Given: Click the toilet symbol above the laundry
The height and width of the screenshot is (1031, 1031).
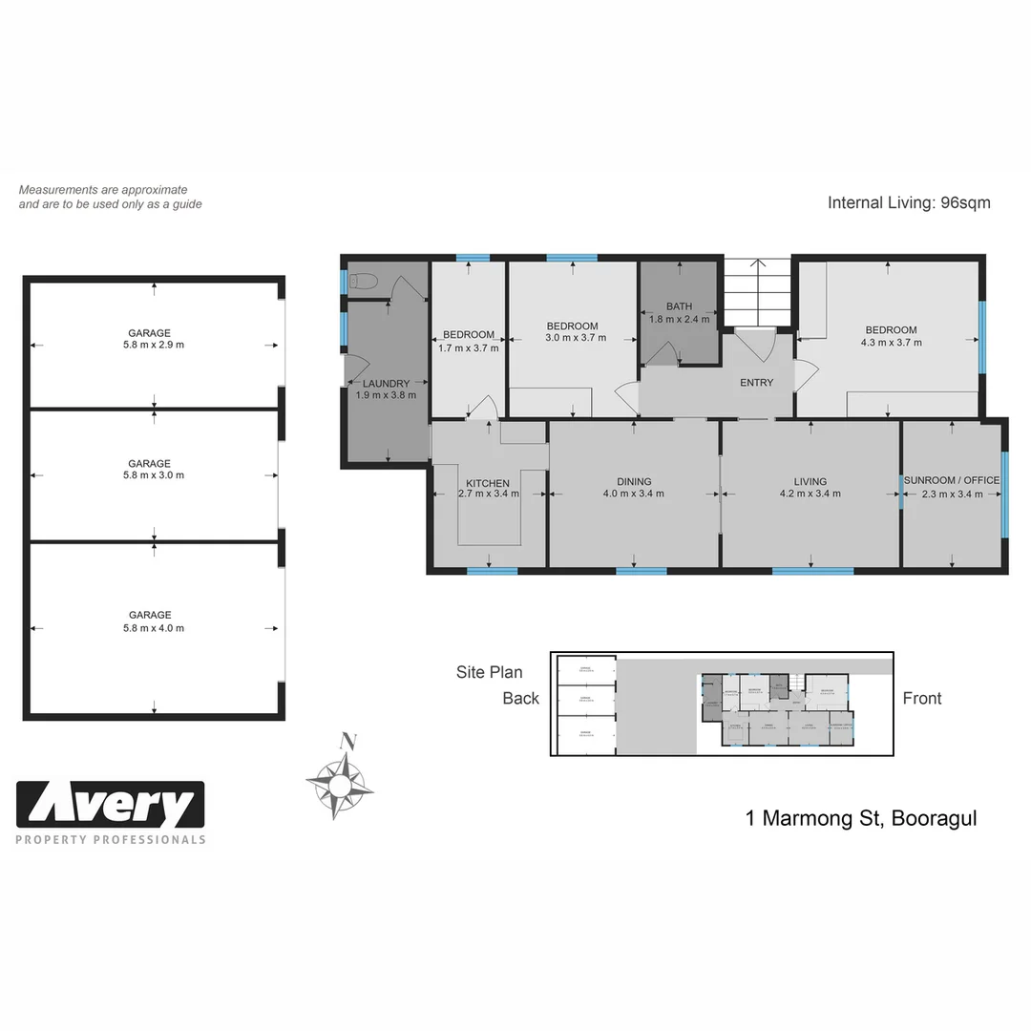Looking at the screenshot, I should click(x=364, y=281).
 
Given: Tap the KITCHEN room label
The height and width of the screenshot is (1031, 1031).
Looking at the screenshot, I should click(x=488, y=482).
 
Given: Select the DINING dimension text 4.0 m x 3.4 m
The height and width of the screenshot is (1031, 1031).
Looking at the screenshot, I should click(x=633, y=494).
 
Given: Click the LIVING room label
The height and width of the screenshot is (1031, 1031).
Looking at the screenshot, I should click(x=810, y=482).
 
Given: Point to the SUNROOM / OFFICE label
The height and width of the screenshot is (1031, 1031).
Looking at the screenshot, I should click(x=952, y=481).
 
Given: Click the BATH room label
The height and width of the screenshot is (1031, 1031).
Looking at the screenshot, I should click(x=679, y=306).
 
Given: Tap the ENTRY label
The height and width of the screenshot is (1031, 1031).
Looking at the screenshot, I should click(x=756, y=383).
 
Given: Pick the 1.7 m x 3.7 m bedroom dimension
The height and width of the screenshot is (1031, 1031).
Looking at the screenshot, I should click(x=468, y=347).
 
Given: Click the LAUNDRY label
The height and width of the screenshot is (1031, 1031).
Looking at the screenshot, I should click(x=386, y=384).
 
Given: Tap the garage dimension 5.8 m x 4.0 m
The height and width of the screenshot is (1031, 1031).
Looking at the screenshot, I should click(x=154, y=628).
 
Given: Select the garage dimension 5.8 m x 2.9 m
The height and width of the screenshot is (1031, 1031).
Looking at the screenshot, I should click(x=154, y=346).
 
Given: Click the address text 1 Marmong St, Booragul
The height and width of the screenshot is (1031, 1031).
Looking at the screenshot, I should click(x=860, y=818).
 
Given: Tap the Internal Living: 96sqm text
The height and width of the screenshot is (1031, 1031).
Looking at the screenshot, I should click(x=908, y=202).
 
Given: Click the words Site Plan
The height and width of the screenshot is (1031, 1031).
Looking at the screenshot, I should click(x=489, y=672).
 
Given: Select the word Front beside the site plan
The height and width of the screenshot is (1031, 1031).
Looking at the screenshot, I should click(x=921, y=699).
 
